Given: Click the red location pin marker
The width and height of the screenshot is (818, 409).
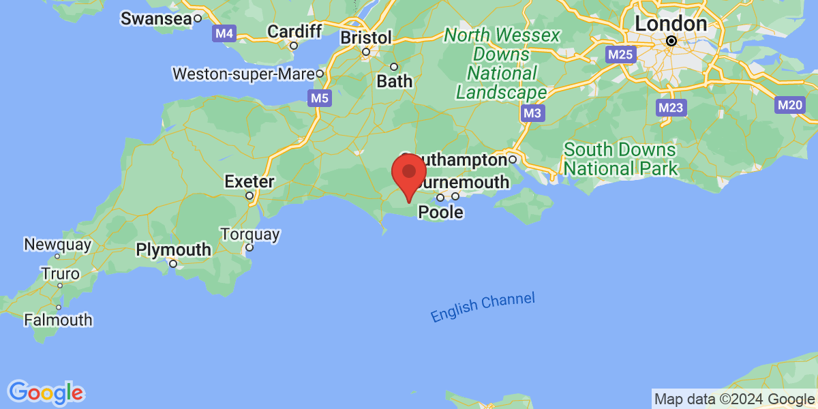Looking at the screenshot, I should click(x=408, y=174).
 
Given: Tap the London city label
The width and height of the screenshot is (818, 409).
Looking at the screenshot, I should click(x=671, y=23).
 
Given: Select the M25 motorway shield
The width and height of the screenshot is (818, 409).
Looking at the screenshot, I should click(x=620, y=54).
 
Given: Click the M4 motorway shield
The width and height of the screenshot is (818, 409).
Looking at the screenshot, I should click(x=224, y=33).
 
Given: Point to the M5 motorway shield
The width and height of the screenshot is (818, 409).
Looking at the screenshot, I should click(x=319, y=99).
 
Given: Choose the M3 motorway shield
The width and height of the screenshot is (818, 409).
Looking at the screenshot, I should click(x=532, y=113).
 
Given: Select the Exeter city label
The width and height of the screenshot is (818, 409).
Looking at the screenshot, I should click(x=249, y=182).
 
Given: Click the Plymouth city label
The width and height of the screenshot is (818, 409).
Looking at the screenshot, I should click(x=173, y=249).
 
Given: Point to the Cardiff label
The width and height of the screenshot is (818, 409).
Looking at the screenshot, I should click(x=294, y=31).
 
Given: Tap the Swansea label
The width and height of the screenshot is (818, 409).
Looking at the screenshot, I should click(x=156, y=18).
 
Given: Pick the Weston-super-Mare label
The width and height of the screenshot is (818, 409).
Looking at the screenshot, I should click(x=243, y=73).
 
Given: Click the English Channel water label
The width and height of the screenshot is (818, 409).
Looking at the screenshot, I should click(x=483, y=307).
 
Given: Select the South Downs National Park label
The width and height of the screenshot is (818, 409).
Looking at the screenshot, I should click(x=620, y=159).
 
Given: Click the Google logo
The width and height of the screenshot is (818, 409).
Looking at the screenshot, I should click(x=46, y=393).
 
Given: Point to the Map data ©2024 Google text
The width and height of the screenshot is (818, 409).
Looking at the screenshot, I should click(x=734, y=399).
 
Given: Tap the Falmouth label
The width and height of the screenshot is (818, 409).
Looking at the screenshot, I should click(x=58, y=319).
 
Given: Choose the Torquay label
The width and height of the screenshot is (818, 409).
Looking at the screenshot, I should click(x=250, y=234).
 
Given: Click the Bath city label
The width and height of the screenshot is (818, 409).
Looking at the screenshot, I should click(x=395, y=80).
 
